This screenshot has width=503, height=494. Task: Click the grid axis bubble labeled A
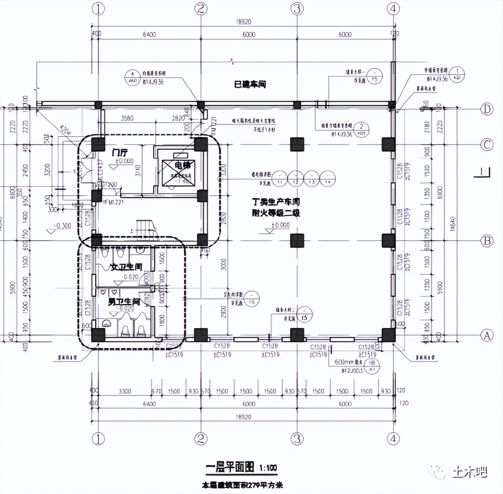pos(486,336)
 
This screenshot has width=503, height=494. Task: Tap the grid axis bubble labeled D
pos(486,109)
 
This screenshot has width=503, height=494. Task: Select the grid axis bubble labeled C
pos(486,145)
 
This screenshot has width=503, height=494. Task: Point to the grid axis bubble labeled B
pos(486,241)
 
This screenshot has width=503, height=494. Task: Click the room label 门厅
pos(119,153)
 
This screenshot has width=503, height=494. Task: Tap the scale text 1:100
pos(268,468)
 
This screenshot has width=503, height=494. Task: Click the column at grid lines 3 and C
pos(297,144)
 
